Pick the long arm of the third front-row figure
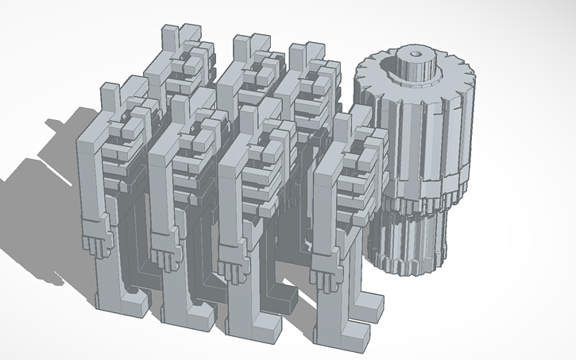(x=229, y=207)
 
